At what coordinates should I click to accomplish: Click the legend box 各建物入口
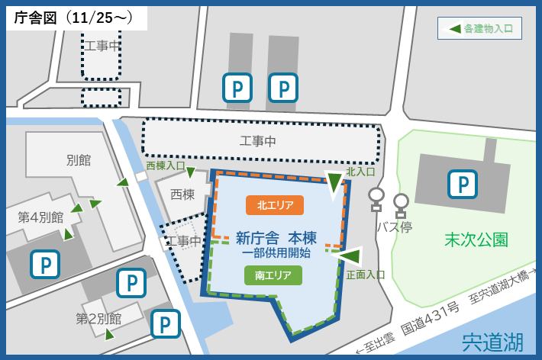[x=479, y=28]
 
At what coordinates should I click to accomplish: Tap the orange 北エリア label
[x=275, y=205]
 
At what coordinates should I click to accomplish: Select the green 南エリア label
[x=273, y=275]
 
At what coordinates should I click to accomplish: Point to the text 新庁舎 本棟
[x=276, y=237]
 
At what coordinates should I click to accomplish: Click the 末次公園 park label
[x=476, y=239]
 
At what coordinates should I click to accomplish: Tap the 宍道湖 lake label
[x=492, y=342]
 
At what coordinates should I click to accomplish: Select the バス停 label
[x=394, y=227]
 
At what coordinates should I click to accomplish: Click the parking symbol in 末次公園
[x=462, y=184]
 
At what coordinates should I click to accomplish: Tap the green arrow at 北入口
[x=334, y=182]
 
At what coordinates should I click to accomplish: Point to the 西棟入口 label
[x=166, y=165]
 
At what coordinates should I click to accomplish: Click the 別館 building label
[x=79, y=160]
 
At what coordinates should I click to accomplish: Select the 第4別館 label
[x=40, y=217]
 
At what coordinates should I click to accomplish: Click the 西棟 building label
[x=182, y=194]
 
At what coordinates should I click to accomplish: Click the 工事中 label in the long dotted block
[x=258, y=141]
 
